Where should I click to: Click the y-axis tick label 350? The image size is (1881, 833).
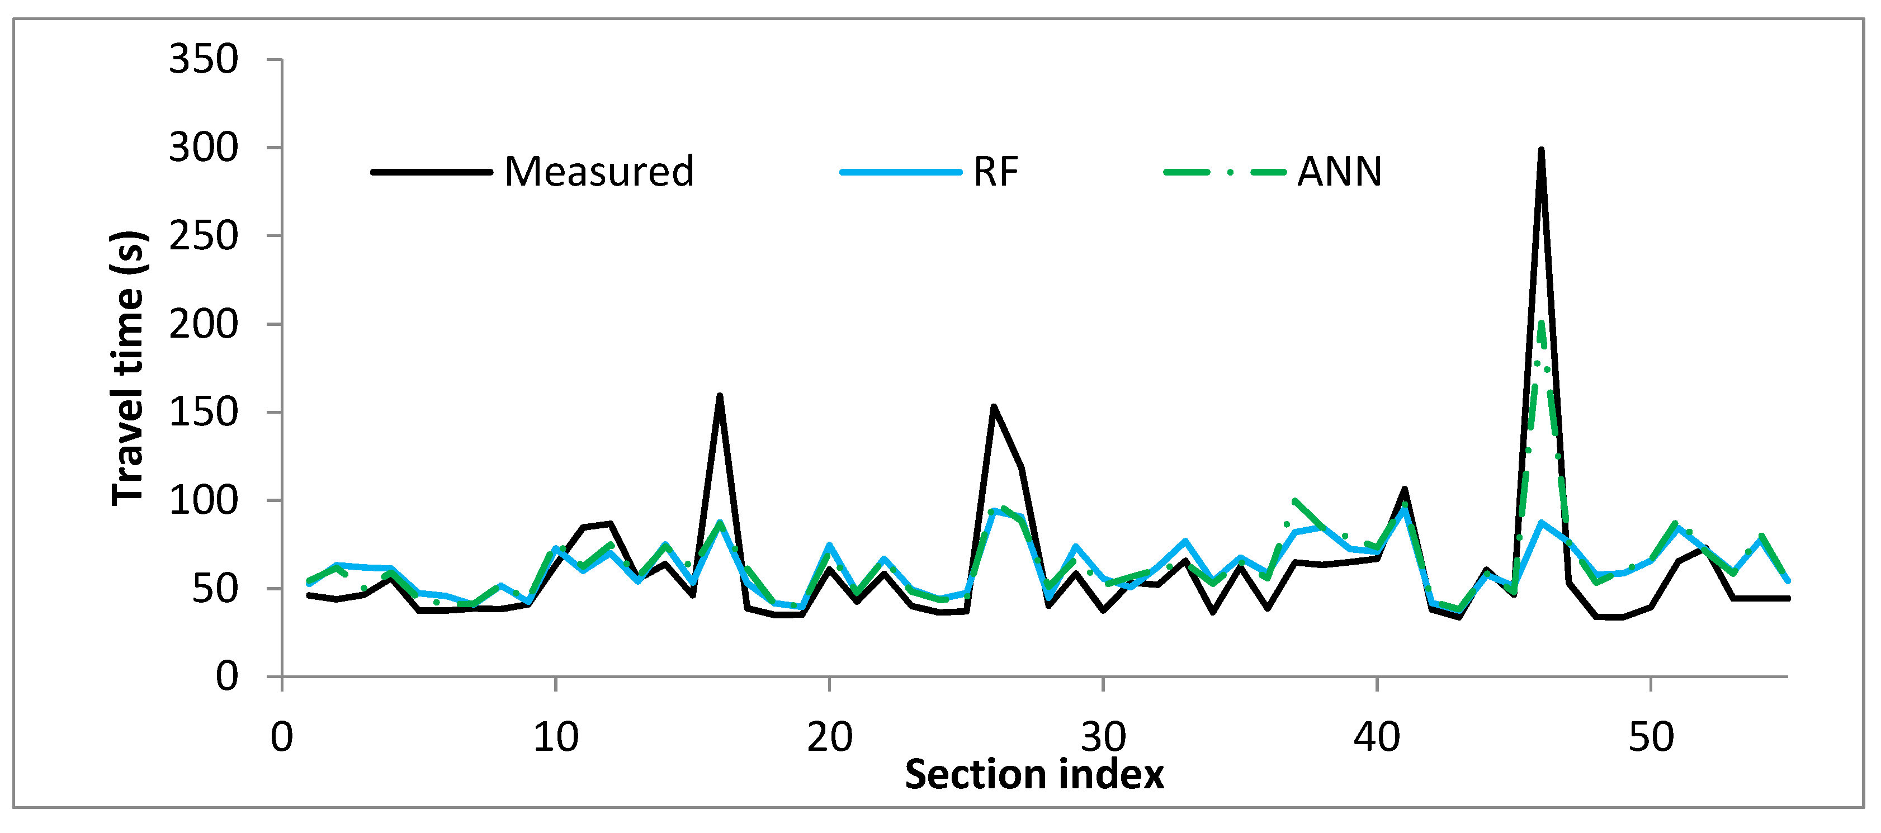pyautogui.click(x=203, y=59)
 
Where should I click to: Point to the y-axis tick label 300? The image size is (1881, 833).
pyautogui.click(x=203, y=148)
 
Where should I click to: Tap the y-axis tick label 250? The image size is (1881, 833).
pyautogui.click(x=203, y=236)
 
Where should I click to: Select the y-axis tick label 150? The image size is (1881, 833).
pyautogui.click(x=203, y=413)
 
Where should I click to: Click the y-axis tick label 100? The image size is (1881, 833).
pyautogui.click(x=203, y=501)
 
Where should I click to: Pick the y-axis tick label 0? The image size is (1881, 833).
pyautogui.click(x=226, y=677)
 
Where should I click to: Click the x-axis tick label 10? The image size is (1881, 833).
pyautogui.click(x=556, y=737)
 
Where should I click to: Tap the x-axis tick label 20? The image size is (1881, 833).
pyautogui.click(x=830, y=737)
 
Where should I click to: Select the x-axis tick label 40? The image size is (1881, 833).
pyautogui.click(x=1377, y=737)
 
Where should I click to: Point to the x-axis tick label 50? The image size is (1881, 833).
pyautogui.click(x=1650, y=737)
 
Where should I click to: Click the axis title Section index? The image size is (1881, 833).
pyautogui.click(x=1034, y=775)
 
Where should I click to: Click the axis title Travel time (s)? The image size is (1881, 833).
pyautogui.click(x=129, y=368)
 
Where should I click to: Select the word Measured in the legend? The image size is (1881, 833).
pyautogui.click(x=599, y=172)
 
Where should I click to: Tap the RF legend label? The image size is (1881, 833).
pyautogui.click(x=995, y=172)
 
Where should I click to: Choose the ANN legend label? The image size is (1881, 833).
pyautogui.click(x=1339, y=172)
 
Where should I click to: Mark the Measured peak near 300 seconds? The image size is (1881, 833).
pyautogui.click(x=1540, y=151)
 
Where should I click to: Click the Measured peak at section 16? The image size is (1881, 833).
pyautogui.click(x=719, y=396)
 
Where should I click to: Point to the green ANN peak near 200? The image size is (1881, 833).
pyautogui.click(x=1540, y=324)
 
